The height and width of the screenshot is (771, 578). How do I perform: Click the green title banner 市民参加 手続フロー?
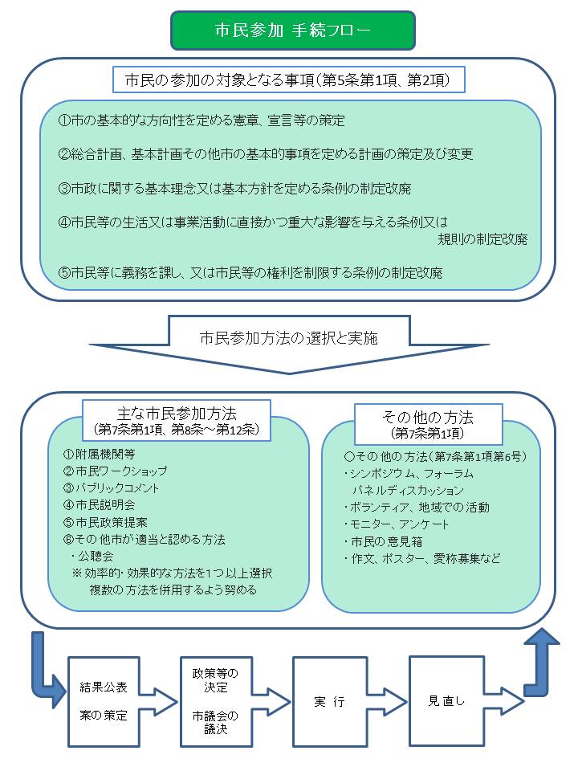293,31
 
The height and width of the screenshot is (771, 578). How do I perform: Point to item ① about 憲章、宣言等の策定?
201,120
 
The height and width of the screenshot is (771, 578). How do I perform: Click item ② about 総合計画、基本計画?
266,154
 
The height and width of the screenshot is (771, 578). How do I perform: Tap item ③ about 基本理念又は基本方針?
234,189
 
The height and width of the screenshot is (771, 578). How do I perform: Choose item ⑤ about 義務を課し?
250,272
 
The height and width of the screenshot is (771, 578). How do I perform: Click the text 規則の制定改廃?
482,239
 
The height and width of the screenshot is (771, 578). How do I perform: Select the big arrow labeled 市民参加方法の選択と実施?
289,345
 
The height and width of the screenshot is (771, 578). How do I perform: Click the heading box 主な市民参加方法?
177,420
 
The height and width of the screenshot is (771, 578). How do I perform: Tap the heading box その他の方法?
428,424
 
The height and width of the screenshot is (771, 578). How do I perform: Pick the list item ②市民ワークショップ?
116,471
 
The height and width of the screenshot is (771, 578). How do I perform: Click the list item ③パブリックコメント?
111,488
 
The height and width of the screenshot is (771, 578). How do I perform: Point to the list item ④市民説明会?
100,505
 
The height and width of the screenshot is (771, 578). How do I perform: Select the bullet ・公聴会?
92,557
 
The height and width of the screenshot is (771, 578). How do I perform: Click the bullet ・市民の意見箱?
383,542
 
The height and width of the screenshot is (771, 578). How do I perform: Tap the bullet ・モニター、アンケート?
396,524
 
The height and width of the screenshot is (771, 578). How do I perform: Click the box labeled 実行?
330,702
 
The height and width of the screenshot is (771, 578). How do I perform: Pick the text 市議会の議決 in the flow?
215,722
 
